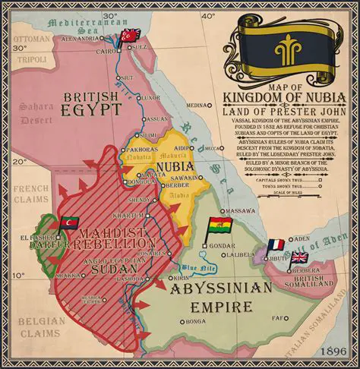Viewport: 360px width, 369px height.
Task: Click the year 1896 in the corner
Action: click(x=333, y=352)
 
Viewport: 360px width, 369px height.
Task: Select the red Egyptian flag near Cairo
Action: click(x=131, y=35)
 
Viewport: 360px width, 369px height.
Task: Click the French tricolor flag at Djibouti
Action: click(x=275, y=245)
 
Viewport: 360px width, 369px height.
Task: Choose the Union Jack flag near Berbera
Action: click(x=299, y=257)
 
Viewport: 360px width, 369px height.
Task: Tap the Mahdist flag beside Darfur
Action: click(x=69, y=222)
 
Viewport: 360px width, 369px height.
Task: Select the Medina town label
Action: click(x=197, y=106)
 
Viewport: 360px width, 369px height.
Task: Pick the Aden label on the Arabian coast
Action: click(x=302, y=238)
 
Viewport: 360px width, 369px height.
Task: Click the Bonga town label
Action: click(x=196, y=321)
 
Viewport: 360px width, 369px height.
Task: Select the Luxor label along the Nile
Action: click(x=150, y=98)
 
